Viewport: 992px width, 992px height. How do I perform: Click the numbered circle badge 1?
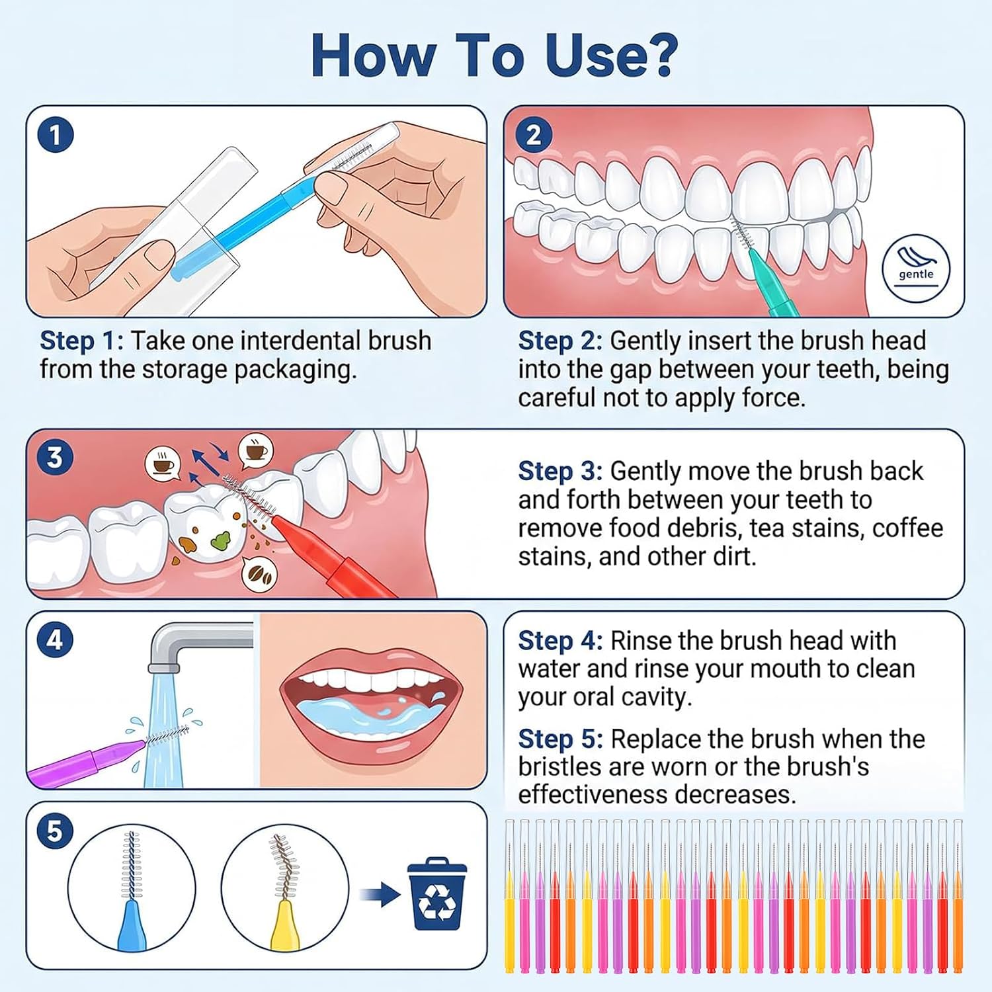(x=56, y=135)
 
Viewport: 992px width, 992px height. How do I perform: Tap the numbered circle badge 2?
(x=533, y=135)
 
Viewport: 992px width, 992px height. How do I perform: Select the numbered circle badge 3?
(x=55, y=457)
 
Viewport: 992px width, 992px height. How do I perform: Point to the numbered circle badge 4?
(x=55, y=640)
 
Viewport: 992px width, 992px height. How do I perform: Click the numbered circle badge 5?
(x=55, y=831)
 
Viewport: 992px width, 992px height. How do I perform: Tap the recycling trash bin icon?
(x=437, y=893)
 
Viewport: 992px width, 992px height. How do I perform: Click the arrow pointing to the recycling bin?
(x=380, y=895)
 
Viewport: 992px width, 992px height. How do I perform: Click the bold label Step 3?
(x=560, y=472)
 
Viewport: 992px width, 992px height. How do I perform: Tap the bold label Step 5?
(x=560, y=739)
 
